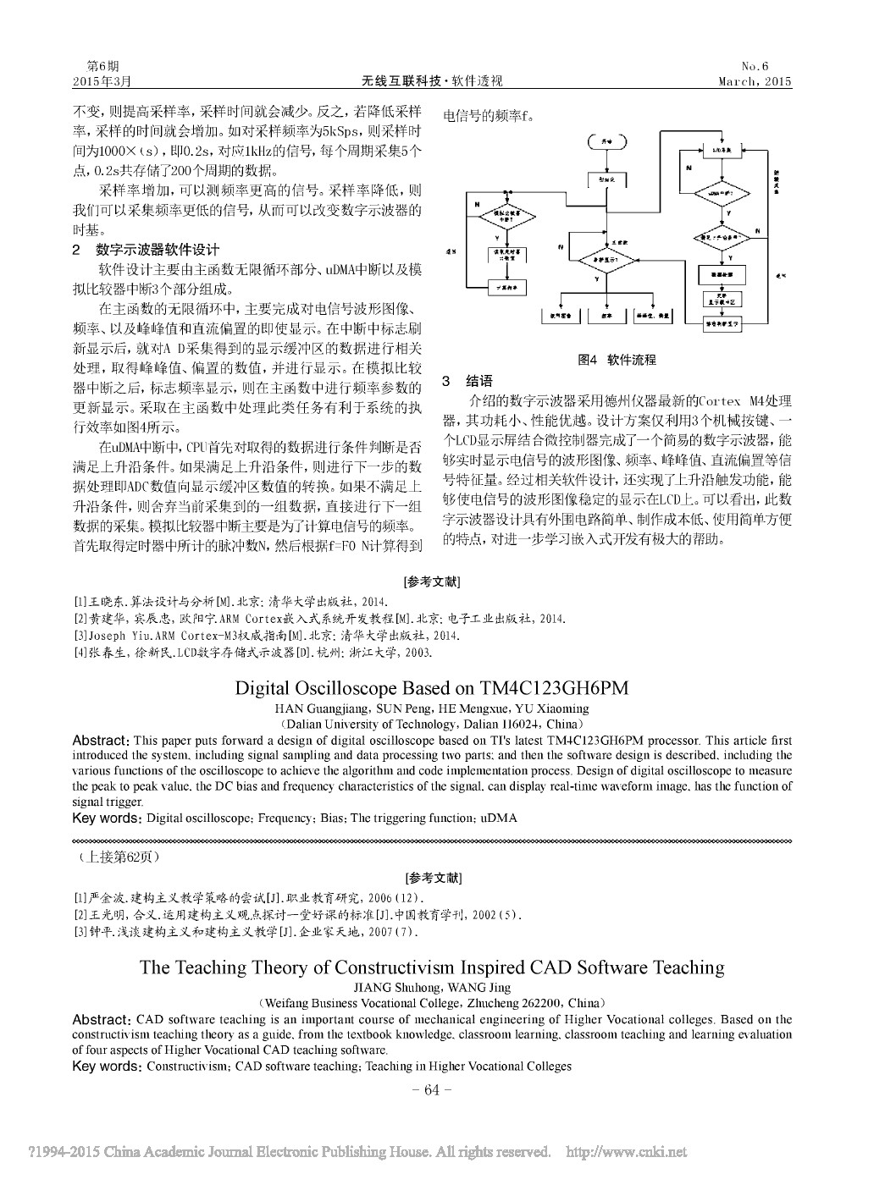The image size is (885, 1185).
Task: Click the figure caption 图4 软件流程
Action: coord(617,360)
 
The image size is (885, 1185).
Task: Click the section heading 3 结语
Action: coord(467,382)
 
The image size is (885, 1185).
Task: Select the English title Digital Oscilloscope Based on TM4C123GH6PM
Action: coord(432,688)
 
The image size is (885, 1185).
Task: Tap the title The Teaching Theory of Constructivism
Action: coord(432,967)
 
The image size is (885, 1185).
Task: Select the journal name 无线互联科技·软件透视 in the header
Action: coord(432,81)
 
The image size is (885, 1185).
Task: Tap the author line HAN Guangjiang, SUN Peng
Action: coord(432,708)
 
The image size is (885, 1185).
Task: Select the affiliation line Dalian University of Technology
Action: coord(432,725)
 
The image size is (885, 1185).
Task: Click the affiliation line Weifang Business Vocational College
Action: coord(432,1002)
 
